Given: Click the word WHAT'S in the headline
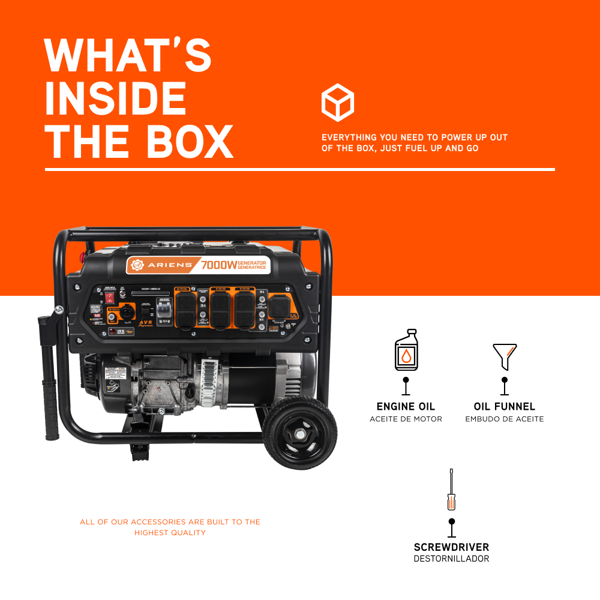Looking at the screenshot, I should [128, 55].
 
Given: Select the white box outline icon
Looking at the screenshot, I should [338, 103].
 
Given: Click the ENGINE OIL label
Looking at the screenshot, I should [406, 407].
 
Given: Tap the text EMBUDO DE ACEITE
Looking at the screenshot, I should [505, 419].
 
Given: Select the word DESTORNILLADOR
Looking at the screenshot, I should [451, 559].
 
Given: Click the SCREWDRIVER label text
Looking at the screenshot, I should [451, 547].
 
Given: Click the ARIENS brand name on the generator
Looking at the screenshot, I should [167, 265].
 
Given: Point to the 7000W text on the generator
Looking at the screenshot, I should [218, 265].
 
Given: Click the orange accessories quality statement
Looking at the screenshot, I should [170, 527].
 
